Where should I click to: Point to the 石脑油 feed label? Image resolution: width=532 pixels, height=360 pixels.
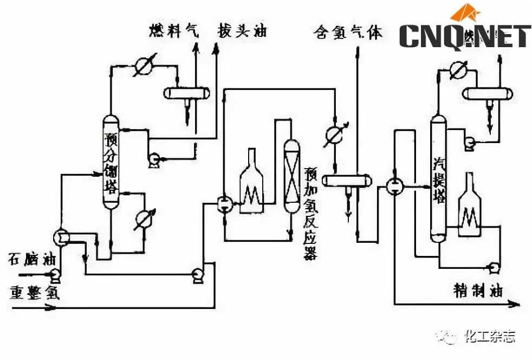tap(31, 258)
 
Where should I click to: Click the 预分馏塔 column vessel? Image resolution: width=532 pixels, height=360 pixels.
tap(111, 163)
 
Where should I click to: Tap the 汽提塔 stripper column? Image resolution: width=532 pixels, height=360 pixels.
tap(439, 179)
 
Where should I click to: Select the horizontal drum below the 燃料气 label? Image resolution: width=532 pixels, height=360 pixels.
tap(187, 93)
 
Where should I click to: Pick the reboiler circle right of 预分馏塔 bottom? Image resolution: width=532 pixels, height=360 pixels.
tap(143, 219)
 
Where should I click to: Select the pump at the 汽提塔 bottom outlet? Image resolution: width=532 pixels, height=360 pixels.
tap(494, 267)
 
